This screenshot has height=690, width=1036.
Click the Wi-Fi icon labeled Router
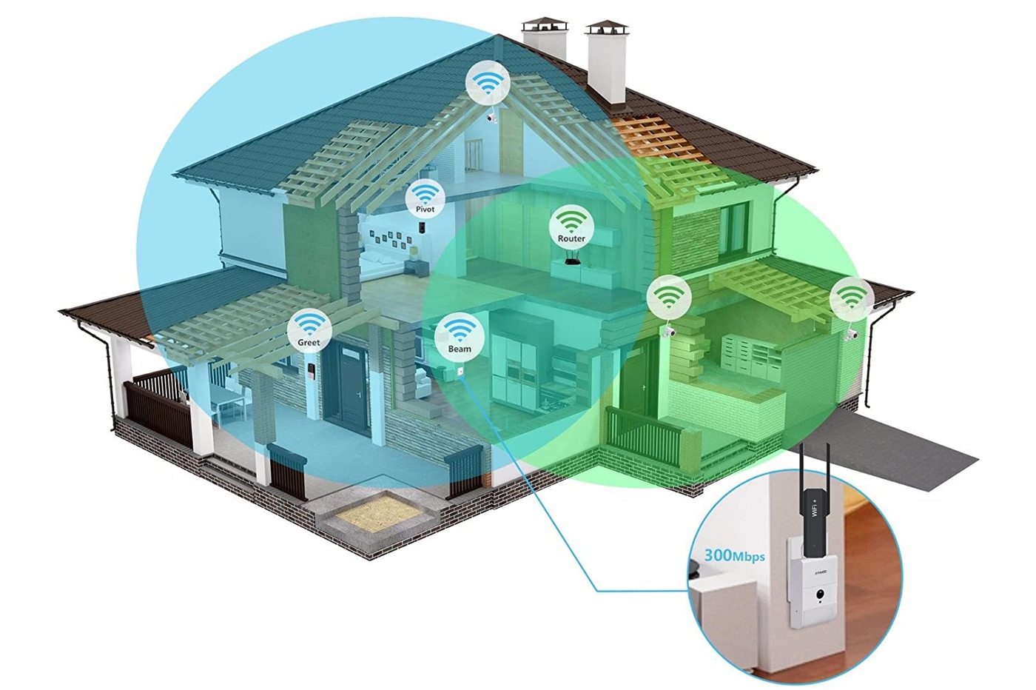click(571, 225)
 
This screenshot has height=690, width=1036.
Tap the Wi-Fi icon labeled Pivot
click(425, 198)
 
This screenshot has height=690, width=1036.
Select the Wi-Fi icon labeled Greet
click(309, 329)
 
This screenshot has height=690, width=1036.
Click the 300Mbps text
click(734, 555)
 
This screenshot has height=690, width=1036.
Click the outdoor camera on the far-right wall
click(852, 335)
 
